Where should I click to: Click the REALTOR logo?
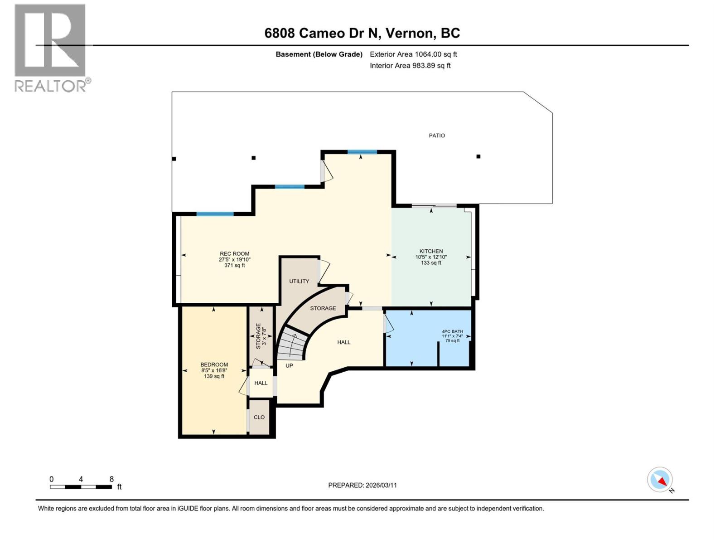[50, 48]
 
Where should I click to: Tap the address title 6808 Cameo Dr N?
[362, 33]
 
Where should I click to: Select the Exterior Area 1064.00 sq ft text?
[413, 54]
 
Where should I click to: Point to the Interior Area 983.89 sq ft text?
[410, 66]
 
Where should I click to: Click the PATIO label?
[437, 136]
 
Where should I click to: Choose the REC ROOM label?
[234, 254]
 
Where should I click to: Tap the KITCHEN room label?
[431, 252]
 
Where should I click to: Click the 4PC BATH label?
[452, 332]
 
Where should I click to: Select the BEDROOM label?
[214, 365]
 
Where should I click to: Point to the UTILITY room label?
[299, 282]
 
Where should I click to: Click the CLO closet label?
[259, 418]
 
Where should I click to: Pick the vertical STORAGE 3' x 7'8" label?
[261, 335]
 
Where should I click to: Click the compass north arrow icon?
[660, 480]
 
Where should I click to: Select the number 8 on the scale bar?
[111, 479]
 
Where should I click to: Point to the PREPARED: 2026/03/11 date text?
[362, 485]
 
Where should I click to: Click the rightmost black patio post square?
[478, 157]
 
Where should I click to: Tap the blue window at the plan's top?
[362, 152]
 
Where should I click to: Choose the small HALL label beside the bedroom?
[261, 383]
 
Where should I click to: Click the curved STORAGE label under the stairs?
[323, 308]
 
